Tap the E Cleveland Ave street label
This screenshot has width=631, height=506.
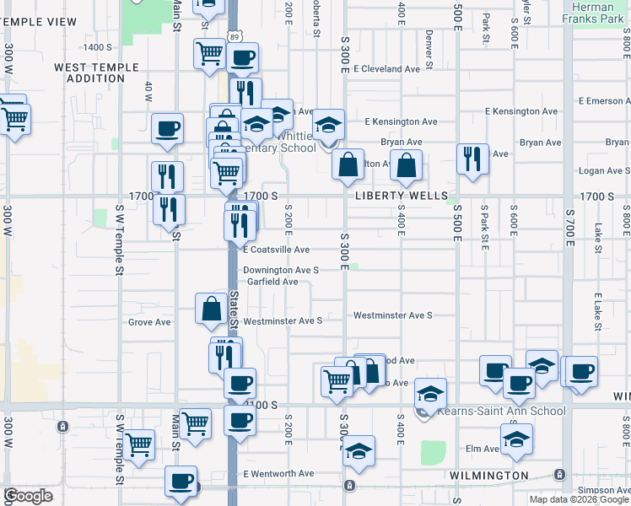(387, 69)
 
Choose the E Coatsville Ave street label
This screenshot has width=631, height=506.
(276, 250)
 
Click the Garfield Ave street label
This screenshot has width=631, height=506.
(272, 282)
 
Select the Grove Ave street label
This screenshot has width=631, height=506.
(149, 322)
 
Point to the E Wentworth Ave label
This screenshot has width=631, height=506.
(278, 474)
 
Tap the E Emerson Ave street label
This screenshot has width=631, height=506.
(604, 101)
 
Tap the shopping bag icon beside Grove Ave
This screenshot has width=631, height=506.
(210, 310)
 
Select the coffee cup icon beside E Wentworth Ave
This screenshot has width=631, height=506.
(181, 482)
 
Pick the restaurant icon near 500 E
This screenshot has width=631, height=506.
(472, 159)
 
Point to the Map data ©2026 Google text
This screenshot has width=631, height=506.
(579, 499)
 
